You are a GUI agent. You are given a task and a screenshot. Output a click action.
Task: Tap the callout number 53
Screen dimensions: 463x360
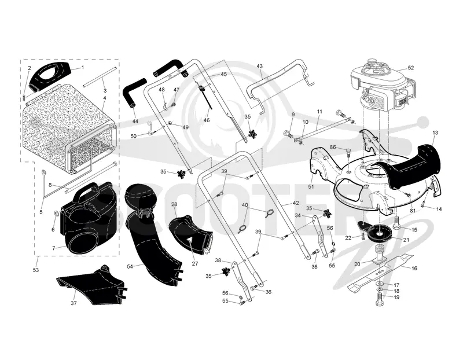coord(36,270)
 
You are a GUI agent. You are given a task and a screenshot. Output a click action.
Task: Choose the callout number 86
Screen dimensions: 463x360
coord(334,146)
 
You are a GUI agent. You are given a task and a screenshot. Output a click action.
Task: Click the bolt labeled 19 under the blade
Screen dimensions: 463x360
coord(380,299)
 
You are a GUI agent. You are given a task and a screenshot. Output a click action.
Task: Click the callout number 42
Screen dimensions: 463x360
coord(296,203)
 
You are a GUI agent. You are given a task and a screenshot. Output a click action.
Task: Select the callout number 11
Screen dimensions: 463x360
coord(319,112)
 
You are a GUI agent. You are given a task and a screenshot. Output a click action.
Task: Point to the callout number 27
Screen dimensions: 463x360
coord(194,264)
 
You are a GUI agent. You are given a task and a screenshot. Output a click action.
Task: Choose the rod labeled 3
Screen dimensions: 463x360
coord(100,78)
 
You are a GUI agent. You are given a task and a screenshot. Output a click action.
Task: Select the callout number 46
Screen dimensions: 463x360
coord(207,120)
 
